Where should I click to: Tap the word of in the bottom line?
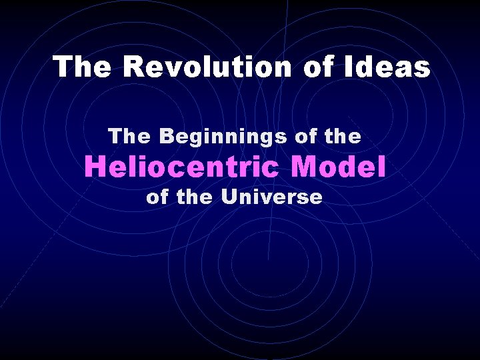pos(157,197)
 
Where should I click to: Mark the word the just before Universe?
pos(195,197)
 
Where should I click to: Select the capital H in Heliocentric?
pos(93,167)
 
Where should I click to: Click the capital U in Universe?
pos(231,197)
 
